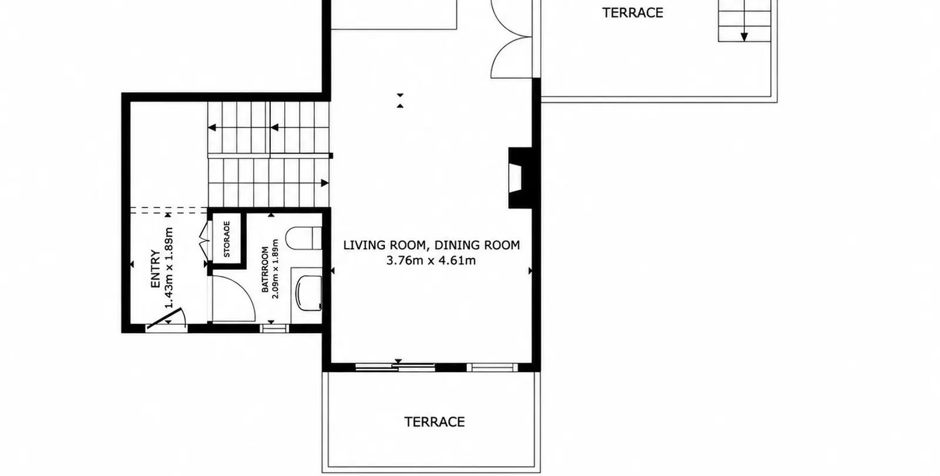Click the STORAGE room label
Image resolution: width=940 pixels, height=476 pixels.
[227, 239]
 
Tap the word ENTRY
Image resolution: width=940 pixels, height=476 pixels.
[155, 269]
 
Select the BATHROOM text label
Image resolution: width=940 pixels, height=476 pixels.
[265, 270]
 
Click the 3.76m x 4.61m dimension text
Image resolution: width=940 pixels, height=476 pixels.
[431, 261]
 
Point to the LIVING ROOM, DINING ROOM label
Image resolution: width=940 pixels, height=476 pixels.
[431, 245]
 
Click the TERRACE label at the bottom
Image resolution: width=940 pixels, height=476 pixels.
[434, 422]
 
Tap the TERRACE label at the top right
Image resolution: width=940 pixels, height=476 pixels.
[633, 13]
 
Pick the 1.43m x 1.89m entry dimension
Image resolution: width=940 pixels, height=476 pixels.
[169, 268]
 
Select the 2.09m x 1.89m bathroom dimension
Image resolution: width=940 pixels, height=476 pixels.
[276, 269]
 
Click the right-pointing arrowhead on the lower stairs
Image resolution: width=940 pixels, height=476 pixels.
[324, 183]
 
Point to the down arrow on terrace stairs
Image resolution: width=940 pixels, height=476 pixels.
[744, 37]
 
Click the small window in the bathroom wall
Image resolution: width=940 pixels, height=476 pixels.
[274, 328]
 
